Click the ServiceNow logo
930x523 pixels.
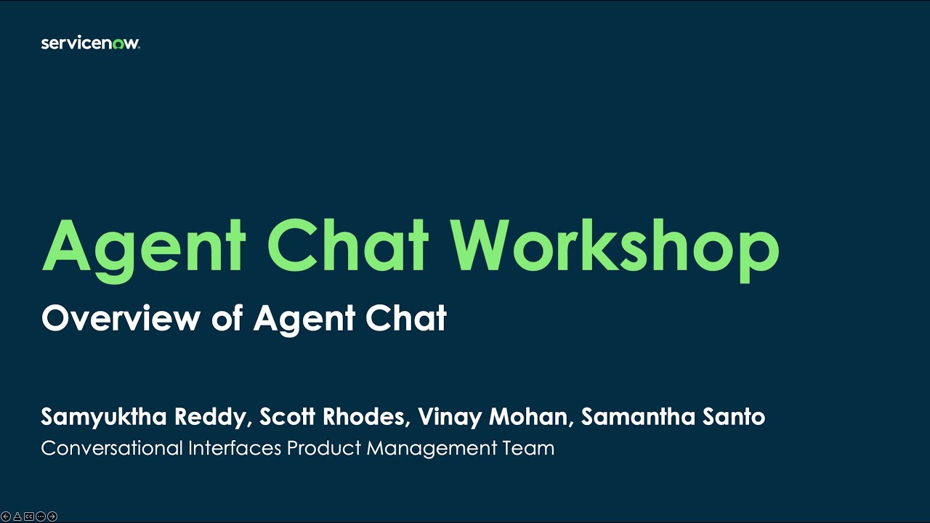pyautogui.click(x=90, y=44)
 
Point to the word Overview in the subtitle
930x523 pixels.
pyautogui.click(x=121, y=318)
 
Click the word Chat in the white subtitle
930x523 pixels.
pyautogui.click(x=405, y=318)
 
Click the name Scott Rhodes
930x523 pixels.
pyautogui.click(x=332, y=417)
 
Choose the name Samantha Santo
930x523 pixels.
pyautogui.click(x=673, y=417)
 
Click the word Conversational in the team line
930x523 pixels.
pyautogui.click(x=112, y=448)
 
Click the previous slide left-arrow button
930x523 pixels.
pyautogui.click(x=6, y=516)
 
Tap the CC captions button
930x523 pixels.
pyautogui.click(x=29, y=516)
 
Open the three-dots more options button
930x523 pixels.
pyautogui.click(x=41, y=516)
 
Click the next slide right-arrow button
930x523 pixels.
pyautogui.click(x=52, y=516)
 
